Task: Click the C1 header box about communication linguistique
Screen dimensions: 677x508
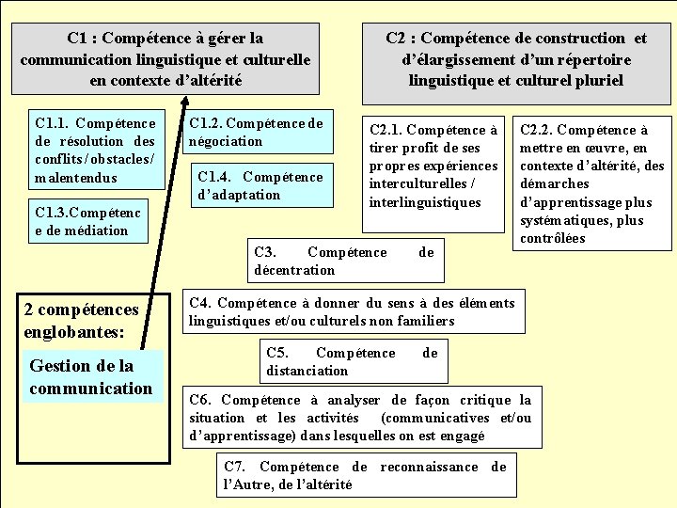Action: tap(165, 58)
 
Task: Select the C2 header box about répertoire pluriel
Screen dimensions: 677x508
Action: tap(516, 58)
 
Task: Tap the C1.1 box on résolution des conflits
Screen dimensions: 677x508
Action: tap(95, 151)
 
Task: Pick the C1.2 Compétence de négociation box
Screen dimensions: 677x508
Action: tap(257, 132)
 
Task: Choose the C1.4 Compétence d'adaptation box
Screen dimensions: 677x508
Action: tap(260, 185)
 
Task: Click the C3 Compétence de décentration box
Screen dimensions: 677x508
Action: tap(344, 261)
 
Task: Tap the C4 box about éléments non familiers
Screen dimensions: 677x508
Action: tap(353, 311)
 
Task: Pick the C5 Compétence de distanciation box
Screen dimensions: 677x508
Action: tap(352, 361)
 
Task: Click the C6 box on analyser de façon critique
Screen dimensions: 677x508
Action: tap(360, 418)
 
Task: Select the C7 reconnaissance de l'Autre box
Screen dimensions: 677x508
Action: tap(366, 475)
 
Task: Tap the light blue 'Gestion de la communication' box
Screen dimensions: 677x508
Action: tap(91, 376)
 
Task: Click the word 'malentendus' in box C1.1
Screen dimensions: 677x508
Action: tap(76, 178)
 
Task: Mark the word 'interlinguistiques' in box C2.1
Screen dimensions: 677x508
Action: tap(425, 202)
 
